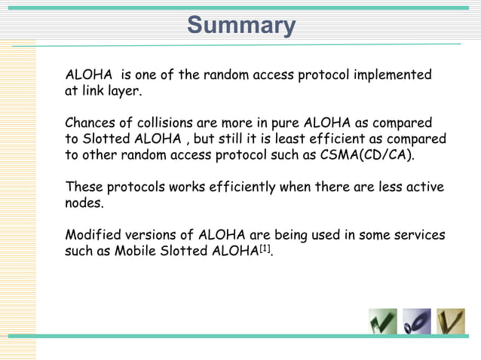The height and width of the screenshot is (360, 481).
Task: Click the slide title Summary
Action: (241, 26)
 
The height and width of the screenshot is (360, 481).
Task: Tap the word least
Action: (289, 139)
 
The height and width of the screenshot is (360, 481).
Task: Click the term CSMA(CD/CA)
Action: (370, 156)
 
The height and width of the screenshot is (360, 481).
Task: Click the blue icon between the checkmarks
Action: (417, 322)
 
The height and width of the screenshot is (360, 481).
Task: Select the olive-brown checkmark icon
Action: (451, 322)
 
